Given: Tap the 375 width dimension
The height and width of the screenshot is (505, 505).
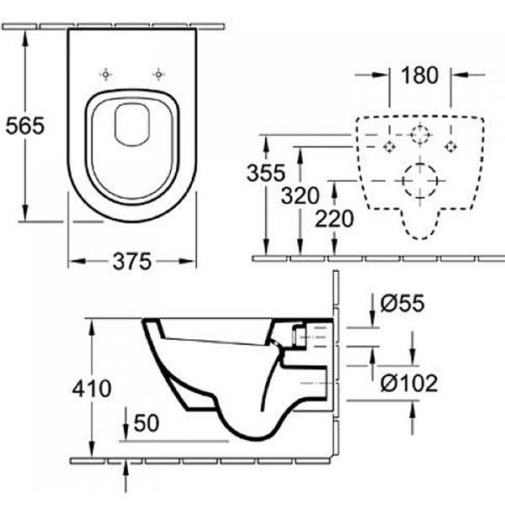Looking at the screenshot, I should click(133, 262).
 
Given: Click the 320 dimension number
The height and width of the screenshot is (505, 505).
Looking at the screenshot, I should click(300, 197).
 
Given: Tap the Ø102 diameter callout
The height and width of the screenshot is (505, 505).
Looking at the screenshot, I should click(408, 383).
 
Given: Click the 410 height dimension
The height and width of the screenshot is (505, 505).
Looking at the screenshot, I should click(92, 389).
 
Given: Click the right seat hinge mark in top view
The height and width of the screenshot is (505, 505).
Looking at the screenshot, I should click(157, 74).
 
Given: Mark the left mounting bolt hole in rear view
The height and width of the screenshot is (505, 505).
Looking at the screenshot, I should click(389, 146).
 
